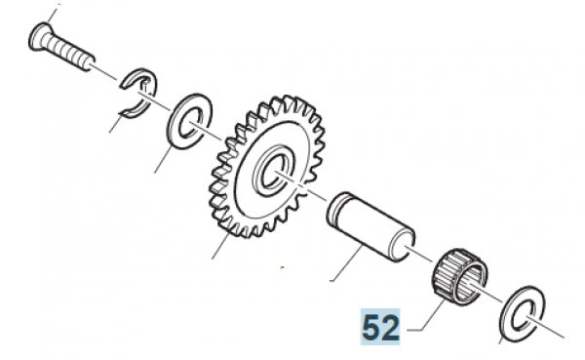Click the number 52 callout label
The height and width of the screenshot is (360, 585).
coord(380,328)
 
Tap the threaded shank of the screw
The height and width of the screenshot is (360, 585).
coord(68,53)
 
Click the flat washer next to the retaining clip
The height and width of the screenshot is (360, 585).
coord(189,122)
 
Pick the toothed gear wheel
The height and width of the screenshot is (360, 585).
coord(267,167)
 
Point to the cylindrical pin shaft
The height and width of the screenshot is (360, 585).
coord(370,227)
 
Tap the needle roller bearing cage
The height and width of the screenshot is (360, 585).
coord(460,275)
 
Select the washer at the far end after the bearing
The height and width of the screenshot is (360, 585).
coord(523,314)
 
